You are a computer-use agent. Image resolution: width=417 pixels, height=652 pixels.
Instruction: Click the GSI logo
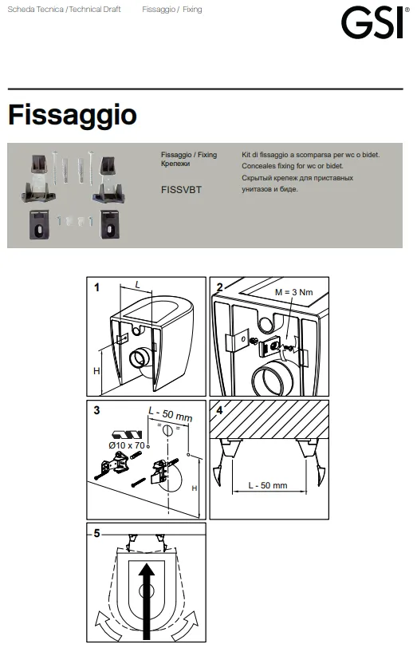coord(372,23)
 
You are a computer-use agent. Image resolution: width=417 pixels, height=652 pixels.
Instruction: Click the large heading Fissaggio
coord(73,115)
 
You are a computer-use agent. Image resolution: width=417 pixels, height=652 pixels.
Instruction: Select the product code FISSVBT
coord(181,190)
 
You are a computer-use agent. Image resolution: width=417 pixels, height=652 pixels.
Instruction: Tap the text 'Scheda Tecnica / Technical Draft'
coord(64,9)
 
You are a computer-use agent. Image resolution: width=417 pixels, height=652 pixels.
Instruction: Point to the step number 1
coord(96,287)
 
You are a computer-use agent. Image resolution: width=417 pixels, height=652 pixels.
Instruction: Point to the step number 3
coord(96,410)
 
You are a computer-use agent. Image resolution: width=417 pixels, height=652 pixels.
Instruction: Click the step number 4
coord(220,410)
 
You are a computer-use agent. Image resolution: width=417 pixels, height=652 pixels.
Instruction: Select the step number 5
coord(96,533)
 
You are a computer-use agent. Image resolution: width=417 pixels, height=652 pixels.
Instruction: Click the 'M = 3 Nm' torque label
coord(293,292)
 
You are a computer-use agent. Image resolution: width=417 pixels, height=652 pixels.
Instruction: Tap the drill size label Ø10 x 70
coord(127,445)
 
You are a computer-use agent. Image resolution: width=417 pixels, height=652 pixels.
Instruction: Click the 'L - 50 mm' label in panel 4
coord(268,485)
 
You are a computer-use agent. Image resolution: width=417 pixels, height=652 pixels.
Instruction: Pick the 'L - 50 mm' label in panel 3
coord(171,415)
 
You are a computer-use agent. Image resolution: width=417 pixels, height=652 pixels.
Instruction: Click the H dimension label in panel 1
coord(96,371)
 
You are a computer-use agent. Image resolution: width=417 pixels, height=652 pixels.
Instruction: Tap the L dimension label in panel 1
coord(137,285)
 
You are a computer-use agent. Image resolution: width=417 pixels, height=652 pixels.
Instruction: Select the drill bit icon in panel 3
coord(128,436)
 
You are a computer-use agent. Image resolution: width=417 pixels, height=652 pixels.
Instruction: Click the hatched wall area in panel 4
coord(269,419)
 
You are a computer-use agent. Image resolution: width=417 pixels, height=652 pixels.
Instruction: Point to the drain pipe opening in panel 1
coord(140,359)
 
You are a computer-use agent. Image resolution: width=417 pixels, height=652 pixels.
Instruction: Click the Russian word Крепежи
coord(175,164)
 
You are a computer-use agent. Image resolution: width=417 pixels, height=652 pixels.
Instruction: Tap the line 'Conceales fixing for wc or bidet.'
coord(293,166)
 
